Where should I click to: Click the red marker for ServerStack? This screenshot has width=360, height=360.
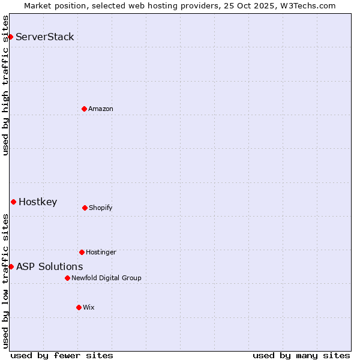coord(10,37)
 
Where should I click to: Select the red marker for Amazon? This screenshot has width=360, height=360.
coord(84,109)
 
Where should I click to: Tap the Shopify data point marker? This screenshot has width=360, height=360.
coord(85,208)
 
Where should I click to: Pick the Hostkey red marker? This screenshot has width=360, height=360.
coord(13,202)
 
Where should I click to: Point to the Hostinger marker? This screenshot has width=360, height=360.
coord(82,252)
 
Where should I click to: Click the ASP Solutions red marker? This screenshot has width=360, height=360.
coord(11,266)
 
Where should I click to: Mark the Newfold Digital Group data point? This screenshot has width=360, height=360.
coord(67,278)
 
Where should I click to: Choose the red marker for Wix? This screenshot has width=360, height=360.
coord(79,307)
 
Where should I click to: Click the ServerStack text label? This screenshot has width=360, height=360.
coord(45,37)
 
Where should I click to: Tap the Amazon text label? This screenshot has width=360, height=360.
coord(101,109)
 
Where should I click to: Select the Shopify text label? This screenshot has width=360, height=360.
coord(101,208)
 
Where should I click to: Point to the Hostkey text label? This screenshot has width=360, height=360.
coord(38,202)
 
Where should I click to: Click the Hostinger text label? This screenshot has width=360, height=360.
coord(101,252)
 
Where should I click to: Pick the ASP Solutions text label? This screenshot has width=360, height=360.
coord(50,266)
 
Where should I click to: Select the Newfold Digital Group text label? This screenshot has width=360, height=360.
coord(106,278)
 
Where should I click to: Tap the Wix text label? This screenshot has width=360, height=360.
coord(89,307)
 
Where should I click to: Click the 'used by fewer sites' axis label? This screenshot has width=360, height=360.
coord(62,355)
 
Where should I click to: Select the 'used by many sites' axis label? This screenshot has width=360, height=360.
coord(301,355)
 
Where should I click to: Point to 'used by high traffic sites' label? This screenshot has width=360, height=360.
coord(5,85)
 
